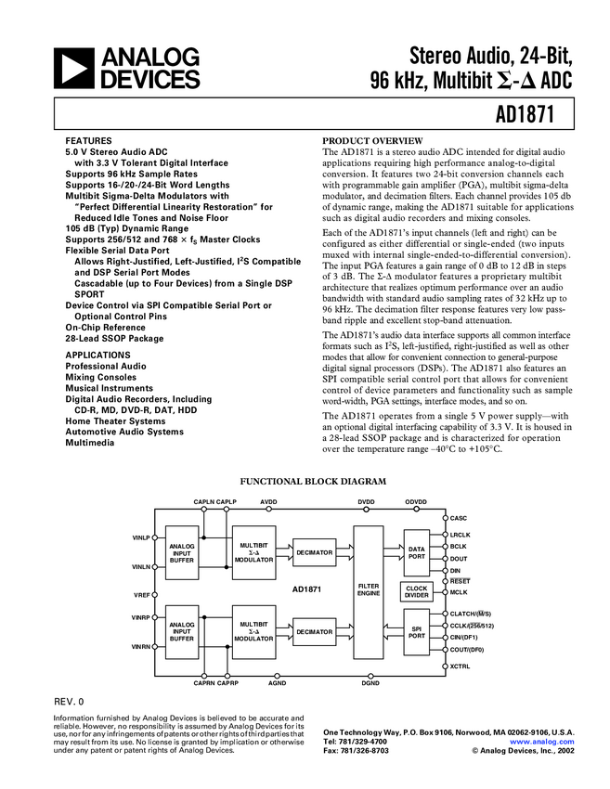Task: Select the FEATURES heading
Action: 89,138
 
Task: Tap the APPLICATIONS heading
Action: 98,355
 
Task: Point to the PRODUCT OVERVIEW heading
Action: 371,138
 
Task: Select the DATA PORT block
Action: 417,553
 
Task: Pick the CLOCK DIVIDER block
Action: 417,592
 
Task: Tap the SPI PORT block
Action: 417,632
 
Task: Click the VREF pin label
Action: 141,594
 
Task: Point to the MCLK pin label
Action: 459,592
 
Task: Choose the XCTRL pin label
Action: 460,666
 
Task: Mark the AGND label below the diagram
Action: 277,682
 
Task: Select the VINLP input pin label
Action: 141,538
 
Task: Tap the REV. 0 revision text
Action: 70,702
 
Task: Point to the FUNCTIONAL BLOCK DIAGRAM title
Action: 313,483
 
